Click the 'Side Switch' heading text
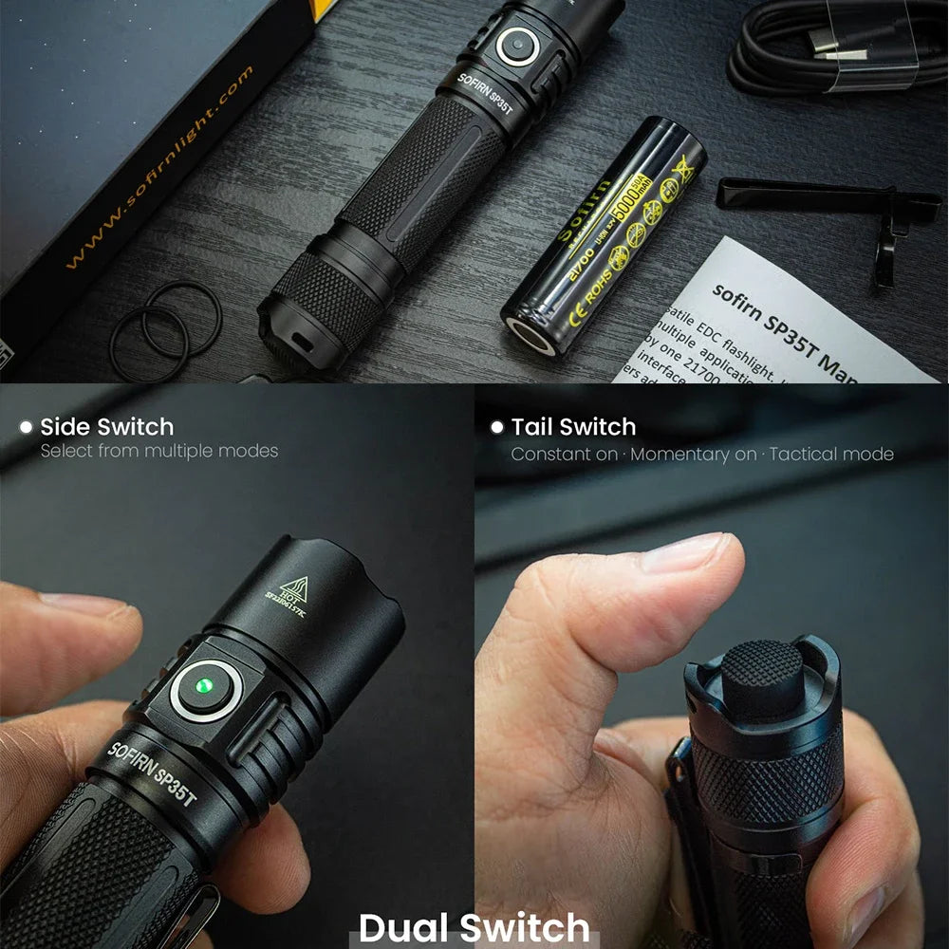tap(106, 427)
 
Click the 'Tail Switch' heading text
tap(573, 427)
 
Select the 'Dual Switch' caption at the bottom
tap(474, 926)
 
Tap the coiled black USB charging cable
tap(835, 47)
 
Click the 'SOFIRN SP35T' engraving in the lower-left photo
tap(152, 773)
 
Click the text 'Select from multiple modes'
tap(158, 452)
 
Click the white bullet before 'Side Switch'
tap(26, 427)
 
